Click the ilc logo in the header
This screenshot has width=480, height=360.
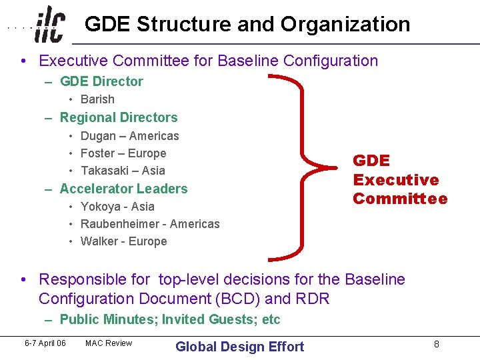click(50, 25)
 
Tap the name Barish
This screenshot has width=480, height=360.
click(97, 99)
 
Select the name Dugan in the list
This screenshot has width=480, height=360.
click(98, 136)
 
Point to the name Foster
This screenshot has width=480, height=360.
click(97, 153)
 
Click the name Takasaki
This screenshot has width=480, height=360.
click(103, 171)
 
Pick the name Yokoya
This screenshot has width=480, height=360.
click(100, 207)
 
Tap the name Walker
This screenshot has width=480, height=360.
click(99, 241)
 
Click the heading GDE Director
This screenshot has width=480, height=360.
click(101, 81)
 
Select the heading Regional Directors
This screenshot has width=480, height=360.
click(119, 117)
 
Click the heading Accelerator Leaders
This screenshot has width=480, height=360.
click(123, 189)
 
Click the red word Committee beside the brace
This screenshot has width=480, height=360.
click(400, 199)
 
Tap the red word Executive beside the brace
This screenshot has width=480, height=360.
click(395, 180)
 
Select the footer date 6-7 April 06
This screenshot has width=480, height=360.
click(45, 343)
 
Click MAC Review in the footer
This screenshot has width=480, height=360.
click(109, 343)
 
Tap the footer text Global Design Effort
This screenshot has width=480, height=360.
click(239, 347)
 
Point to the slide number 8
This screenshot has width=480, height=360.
click(436, 344)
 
